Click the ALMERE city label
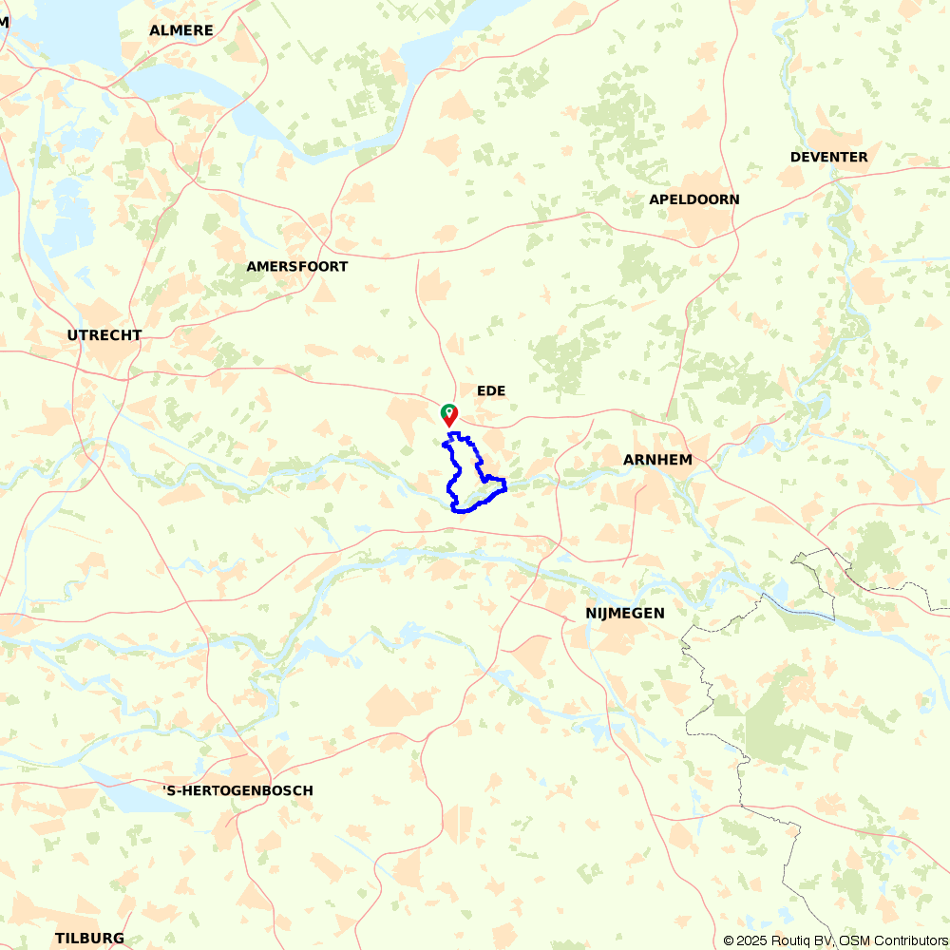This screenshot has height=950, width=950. click(180, 30)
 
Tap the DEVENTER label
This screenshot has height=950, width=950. click(828, 157)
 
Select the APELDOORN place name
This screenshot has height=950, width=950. click(693, 199)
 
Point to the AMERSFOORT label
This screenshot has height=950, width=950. click(296, 267)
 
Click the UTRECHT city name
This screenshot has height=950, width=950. click(104, 335)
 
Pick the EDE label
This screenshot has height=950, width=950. click(491, 391)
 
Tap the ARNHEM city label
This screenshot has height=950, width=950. click(657, 460)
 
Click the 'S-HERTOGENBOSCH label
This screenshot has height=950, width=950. click(237, 790)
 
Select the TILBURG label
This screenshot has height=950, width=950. click(89, 939)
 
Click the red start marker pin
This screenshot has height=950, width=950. click(448, 415)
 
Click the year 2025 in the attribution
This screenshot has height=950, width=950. click(750, 940)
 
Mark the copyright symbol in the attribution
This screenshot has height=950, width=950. click(728, 940)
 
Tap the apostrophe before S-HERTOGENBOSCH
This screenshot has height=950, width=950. click(165, 788)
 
